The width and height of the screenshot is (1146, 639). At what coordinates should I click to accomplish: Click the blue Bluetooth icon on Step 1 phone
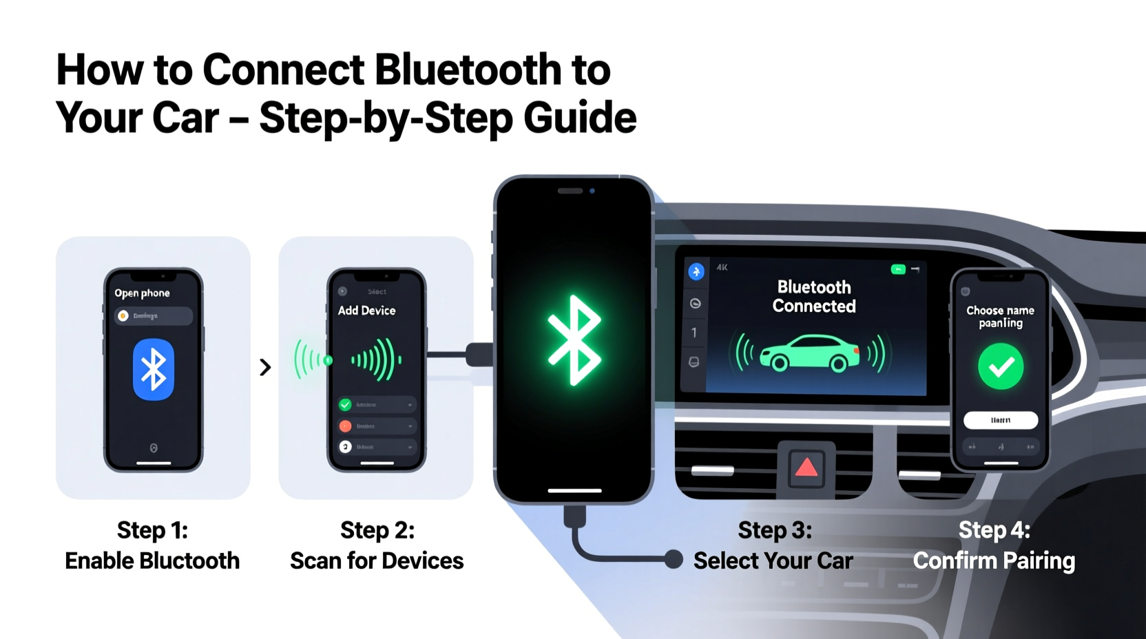[x=153, y=369]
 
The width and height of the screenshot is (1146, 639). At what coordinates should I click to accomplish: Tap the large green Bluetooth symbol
[x=574, y=340]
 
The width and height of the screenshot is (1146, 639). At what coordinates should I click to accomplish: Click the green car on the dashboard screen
[x=810, y=353]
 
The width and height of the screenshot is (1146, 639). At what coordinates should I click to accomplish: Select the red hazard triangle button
[x=806, y=468]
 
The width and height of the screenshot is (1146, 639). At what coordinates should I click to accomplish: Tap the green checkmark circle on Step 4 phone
[x=1001, y=366]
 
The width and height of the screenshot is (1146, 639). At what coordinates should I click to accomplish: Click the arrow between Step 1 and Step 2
[x=265, y=367]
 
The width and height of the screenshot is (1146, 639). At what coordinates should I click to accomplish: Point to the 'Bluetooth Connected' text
[x=814, y=297]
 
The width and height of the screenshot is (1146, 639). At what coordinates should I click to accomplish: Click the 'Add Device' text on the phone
[x=366, y=311]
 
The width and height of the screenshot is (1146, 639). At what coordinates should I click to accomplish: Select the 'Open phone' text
[x=142, y=293]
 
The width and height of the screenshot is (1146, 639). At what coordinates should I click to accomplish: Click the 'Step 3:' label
[x=775, y=530]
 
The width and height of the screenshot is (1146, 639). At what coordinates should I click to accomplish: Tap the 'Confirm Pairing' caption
[x=994, y=561]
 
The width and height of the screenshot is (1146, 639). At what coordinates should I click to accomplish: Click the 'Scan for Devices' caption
[x=377, y=561]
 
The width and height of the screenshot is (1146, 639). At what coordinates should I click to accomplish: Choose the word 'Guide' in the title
[x=580, y=118]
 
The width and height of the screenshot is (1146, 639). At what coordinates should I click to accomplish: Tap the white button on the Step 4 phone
[x=1001, y=420]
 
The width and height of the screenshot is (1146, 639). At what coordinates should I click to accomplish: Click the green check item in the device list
[x=345, y=405]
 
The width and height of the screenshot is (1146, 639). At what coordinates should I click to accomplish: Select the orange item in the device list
[x=345, y=426]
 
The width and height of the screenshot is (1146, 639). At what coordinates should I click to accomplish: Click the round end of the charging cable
[x=674, y=559]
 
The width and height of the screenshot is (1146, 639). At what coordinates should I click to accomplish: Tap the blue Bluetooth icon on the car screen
[x=696, y=272]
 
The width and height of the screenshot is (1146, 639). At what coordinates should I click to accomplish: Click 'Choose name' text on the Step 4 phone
[x=1000, y=311]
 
